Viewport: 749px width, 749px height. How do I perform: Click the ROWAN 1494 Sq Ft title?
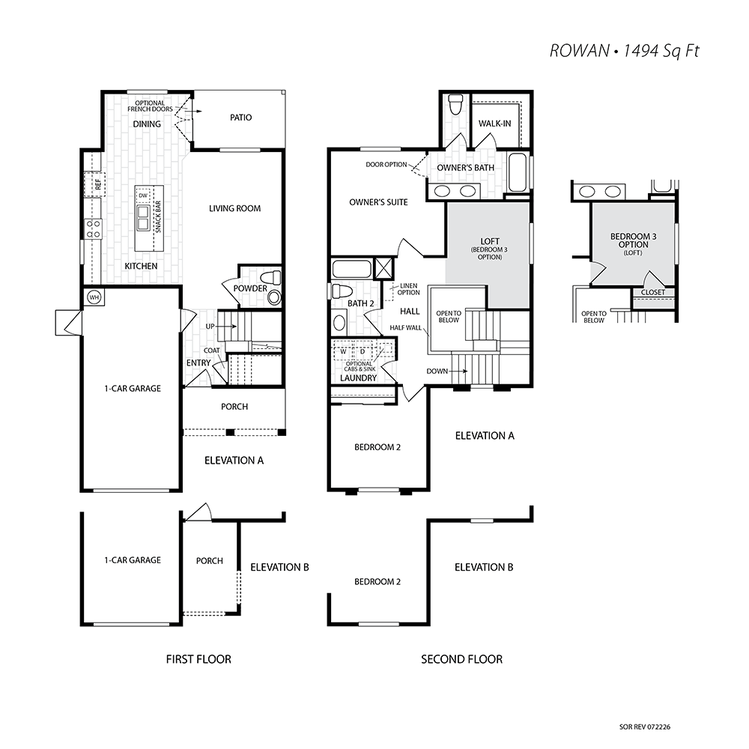click(624, 51)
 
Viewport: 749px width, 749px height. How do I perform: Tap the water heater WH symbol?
click(94, 297)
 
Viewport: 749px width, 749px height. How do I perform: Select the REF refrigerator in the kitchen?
click(94, 184)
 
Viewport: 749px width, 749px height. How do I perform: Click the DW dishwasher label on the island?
click(143, 195)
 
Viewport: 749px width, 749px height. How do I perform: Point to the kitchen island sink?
click(143, 218)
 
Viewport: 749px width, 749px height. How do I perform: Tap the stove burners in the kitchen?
click(93, 228)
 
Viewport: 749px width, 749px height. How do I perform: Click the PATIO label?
click(240, 118)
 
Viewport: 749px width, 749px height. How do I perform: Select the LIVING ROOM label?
click(234, 208)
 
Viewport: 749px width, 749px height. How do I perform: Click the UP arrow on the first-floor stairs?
click(228, 327)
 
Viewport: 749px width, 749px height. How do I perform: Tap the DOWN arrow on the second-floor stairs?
click(458, 371)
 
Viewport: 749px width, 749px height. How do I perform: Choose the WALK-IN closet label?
click(494, 124)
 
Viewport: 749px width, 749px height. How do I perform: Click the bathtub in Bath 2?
click(351, 269)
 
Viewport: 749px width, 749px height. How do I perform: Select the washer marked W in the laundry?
click(343, 351)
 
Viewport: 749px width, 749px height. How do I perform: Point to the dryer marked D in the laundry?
click(363, 351)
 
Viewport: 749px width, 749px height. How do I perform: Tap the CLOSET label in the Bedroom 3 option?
click(652, 292)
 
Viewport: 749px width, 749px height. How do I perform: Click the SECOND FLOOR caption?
click(461, 659)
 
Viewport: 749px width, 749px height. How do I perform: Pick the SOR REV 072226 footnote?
click(644, 727)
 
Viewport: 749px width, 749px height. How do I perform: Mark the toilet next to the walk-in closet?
click(455, 105)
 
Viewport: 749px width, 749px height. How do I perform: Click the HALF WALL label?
click(405, 328)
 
